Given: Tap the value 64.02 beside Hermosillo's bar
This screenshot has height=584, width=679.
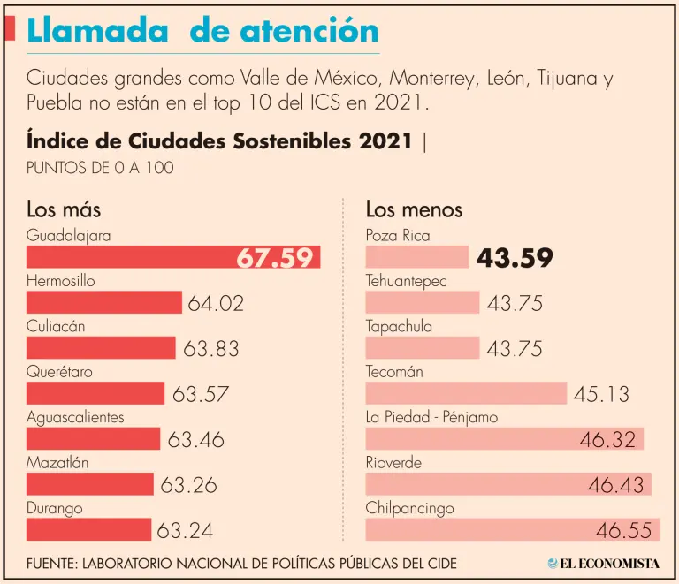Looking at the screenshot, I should [x=216, y=303].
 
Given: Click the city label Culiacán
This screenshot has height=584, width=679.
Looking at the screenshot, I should [x=56, y=326].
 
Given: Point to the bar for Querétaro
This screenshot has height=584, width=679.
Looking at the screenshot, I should [x=95, y=393].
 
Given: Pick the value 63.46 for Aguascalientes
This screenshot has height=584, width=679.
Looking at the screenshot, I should [x=195, y=439].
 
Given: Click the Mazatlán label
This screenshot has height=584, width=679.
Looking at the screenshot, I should [x=57, y=462].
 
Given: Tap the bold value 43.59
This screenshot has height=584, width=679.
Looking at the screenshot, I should [x=515, y=258].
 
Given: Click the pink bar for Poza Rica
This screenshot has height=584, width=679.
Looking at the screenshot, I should [x=416, y=257].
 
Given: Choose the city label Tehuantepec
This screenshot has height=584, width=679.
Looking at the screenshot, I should [x=407, y=281].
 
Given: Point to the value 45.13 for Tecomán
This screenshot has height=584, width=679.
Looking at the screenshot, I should [x=601, y=394].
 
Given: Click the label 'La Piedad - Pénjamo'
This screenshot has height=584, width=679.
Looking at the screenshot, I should [x=431, y=417].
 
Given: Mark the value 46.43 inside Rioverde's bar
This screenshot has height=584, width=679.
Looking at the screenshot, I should [x=616, y=485].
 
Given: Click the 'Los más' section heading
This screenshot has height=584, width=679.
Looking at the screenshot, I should [x=64, y=209].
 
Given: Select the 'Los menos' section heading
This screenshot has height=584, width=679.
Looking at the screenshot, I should [x=414, y=209].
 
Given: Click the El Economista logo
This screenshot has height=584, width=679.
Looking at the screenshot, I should [x=603, y=563].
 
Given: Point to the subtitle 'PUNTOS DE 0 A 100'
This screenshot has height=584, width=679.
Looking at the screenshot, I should [x=100, y=167].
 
